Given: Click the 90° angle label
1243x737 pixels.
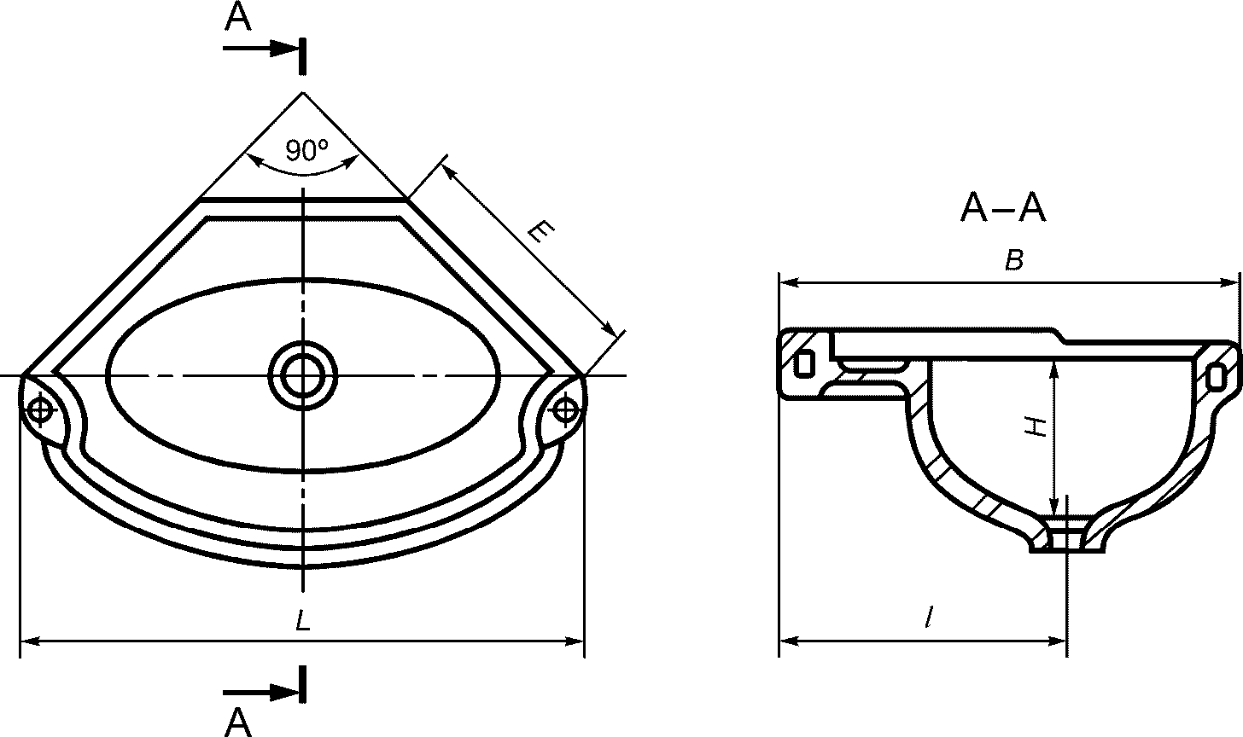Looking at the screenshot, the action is [x=306, y=150].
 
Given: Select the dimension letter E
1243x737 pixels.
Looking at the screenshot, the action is [x=540, y=232].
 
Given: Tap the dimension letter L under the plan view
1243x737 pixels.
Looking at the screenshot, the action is [x=302, y=620].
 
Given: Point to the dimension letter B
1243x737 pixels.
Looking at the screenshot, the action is [x=1014, y=259].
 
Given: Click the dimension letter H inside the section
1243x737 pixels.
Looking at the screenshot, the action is [x=1036, y=427].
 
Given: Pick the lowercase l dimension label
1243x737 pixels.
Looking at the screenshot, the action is [x=929, y=618].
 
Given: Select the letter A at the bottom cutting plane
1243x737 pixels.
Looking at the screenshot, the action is [x=238, y=722].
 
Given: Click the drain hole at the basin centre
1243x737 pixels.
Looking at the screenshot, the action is [x=303, y=375].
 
